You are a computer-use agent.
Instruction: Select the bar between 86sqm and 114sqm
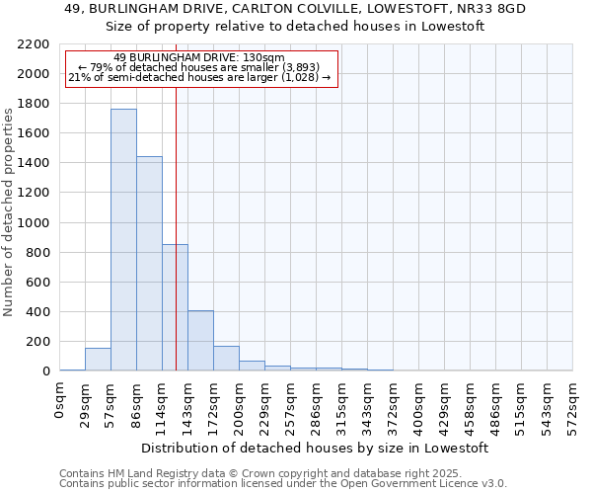pos(149,264)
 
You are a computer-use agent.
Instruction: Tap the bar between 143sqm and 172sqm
pos(200,341)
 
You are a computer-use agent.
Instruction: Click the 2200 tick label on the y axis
pos(33,44)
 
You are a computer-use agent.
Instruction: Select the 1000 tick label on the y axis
pos(33,223)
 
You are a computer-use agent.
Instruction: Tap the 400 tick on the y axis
pos(37,312)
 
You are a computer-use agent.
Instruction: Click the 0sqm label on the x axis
pos(60,400)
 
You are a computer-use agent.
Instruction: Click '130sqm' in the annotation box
pos(266,57)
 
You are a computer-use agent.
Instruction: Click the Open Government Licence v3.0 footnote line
pos(283,484)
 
